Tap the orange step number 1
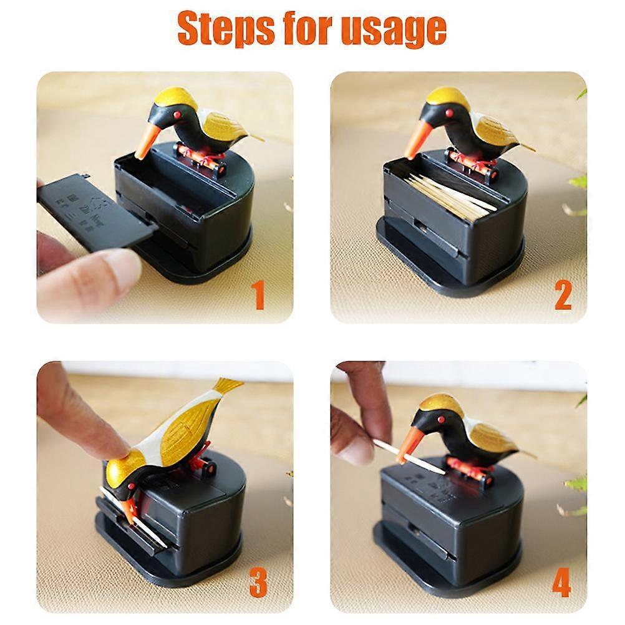(x=258, y=295)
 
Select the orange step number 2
(x=563, y=295)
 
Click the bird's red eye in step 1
(x=177, y=115)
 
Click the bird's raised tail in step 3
(x=228, y=387)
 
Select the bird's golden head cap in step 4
(x=440, y=403)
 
